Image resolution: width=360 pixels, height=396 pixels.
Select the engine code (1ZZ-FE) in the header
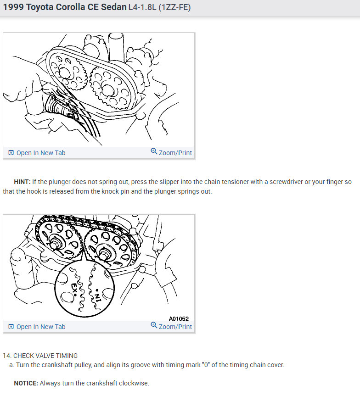point(174,8)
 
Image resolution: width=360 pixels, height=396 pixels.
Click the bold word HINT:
point(22,182)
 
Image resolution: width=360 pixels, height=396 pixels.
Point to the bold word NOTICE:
point(26,383)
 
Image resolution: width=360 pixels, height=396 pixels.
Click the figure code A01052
point(178,318)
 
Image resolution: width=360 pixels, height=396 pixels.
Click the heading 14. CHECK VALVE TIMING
point(40,356)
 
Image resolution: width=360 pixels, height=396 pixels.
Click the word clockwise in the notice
point(135,383)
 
